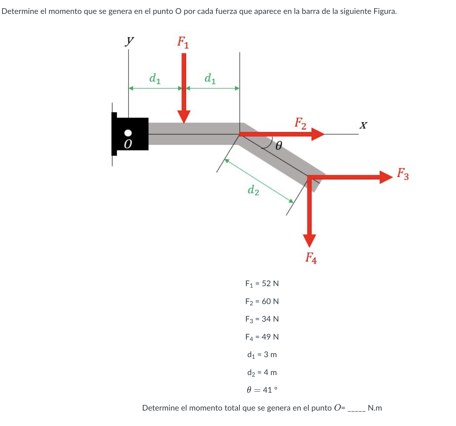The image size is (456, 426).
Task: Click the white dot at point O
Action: click(x=128, y=133)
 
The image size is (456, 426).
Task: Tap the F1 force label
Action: click(x=183, y=42)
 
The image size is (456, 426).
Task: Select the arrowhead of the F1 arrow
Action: click(x=184, y=117)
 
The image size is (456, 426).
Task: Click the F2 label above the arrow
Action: click(x=300, y=123)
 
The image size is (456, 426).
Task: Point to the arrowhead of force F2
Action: click(x=318, y=134)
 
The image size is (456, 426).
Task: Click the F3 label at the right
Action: click(x=403, y=174)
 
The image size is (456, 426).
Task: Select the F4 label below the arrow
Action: click(x=311, y=258)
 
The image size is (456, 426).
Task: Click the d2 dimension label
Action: click(x=253, y=190)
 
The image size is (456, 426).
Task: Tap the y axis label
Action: click(x=129, y=41)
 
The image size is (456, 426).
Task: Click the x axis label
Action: click(x=363, y=125)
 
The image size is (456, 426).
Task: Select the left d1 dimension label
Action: click(x=155, y=78)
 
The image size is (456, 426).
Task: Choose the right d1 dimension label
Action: click(x=210, y=78)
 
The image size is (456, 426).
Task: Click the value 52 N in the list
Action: click(x=270, y=283)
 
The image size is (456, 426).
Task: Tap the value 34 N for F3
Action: click(x=270, y=319)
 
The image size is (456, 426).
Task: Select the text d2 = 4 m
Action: click(x=262, y=372)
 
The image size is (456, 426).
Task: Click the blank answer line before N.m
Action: click(x=357, y=409)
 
